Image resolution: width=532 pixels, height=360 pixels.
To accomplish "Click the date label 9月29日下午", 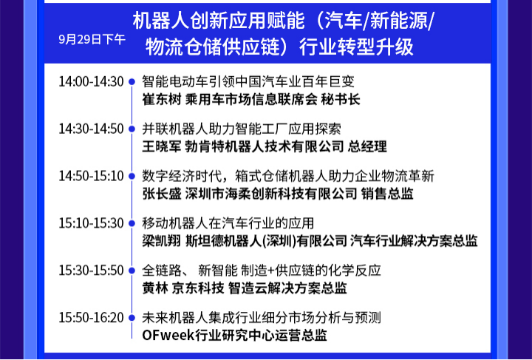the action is [92, 40].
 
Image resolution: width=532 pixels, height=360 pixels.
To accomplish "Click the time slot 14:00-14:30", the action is [92, 82].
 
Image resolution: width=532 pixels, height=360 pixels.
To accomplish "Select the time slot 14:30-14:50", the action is [92, 129].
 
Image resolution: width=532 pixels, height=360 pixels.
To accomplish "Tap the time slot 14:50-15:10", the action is [92, 176].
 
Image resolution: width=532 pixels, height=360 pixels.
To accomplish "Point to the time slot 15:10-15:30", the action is [92, 223].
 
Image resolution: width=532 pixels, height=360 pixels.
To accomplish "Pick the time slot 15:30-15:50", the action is [92, 271].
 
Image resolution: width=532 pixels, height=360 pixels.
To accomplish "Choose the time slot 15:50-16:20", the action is [92, 318].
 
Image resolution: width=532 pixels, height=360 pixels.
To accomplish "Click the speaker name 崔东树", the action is [162, 100].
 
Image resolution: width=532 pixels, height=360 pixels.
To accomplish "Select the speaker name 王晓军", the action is [162, 147].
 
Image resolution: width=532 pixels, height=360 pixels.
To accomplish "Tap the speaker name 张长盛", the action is [162, 194].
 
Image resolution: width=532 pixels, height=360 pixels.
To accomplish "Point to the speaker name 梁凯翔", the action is [162, 241].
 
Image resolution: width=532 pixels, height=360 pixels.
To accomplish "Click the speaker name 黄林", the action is [155, 288].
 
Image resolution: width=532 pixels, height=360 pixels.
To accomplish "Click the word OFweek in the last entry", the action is [168, 336].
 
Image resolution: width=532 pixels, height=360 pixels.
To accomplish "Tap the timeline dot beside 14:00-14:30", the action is [132, 82].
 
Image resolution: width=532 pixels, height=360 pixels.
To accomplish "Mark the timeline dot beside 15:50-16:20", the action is [132, 318].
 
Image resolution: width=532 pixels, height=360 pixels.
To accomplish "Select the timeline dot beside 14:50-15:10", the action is [132, 176].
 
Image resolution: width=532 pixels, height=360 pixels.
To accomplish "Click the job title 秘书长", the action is [341, 100].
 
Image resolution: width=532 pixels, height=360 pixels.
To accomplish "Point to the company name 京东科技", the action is [198, 288].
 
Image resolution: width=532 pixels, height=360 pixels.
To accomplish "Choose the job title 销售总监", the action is [387, 194].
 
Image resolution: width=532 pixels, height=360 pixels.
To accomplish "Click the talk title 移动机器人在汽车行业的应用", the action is [228, 223].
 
